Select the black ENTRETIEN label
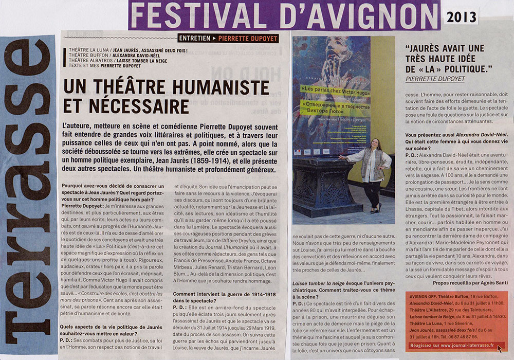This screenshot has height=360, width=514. (194, 38)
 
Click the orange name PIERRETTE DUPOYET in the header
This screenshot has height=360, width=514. (247, 38)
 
